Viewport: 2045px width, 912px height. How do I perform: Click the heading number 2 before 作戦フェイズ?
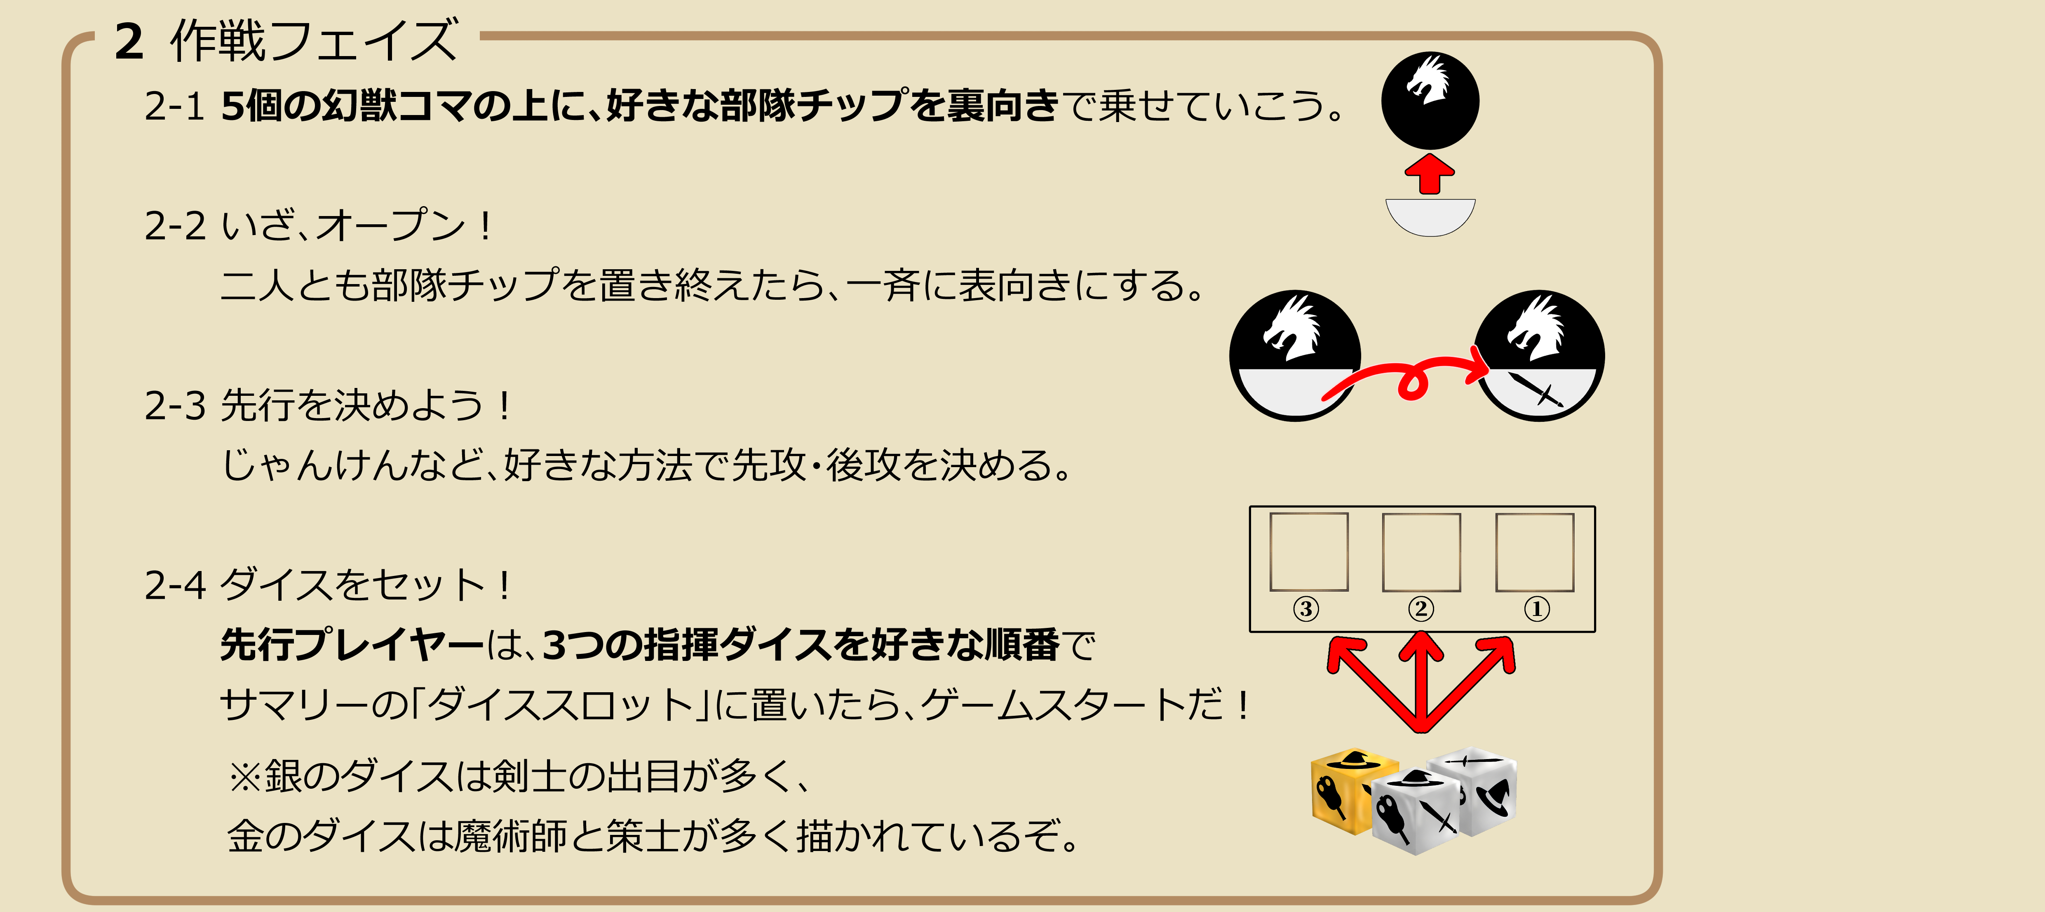click(x=129, y=41)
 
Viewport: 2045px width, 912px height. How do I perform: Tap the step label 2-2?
click(x=175, y=226)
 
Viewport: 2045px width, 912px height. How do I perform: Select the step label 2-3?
click(x=175, y=406)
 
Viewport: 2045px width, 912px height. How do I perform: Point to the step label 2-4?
click(x=175, y=586)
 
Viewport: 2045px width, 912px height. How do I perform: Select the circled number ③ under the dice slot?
click(x=1306, y=609)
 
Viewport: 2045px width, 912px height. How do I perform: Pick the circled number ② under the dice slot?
click(x=1421, y=609)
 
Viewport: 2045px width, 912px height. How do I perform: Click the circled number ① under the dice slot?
click(x=1536, y=609)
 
